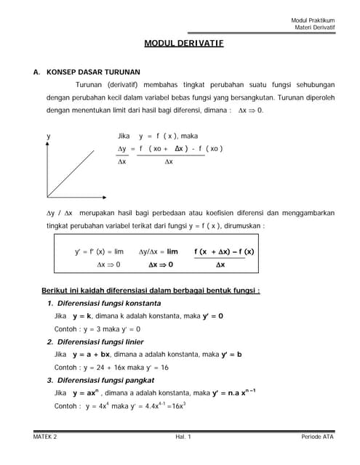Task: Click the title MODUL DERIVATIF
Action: [x=183, y=44]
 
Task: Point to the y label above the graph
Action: [x=49, y=136]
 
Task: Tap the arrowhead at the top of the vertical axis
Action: [x=48, y=144]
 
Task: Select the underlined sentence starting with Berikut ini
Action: [x=151, y=291]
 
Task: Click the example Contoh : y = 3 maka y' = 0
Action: [x=97, y=329]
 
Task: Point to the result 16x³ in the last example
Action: [x=176, y=406]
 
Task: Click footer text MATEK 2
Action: [x=46, y=437]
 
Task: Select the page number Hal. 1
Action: [x=183, y=437]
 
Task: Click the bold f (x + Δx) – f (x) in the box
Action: [x=224, y=252]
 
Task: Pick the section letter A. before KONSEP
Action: [x=36, y=73]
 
